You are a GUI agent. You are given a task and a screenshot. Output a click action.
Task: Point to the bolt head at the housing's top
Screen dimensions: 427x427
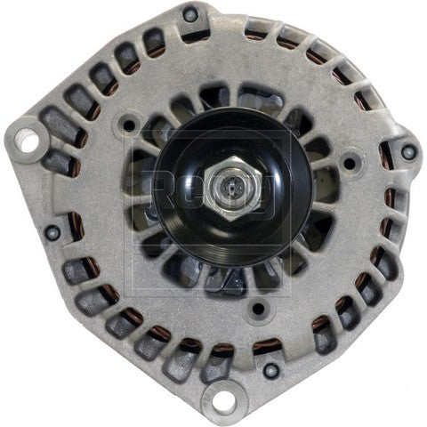[190, 15]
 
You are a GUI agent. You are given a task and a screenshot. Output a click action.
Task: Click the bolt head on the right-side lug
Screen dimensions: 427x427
[408, 150]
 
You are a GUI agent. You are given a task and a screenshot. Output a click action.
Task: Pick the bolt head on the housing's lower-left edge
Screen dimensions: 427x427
[54, 232]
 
